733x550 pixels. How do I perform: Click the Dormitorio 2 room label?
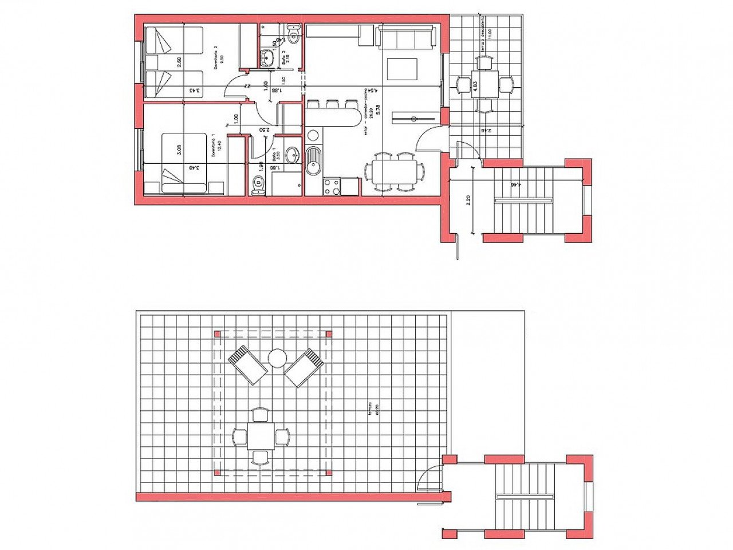pos(216,59)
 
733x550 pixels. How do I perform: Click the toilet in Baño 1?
pos(258,184)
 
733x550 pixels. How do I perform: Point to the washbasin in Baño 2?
pos(267,57)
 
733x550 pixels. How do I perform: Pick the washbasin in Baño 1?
pos(292,154)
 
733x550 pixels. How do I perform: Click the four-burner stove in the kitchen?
pos(332,187)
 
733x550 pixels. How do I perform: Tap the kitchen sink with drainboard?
pos(314,161)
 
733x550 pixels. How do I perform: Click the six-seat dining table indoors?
pos(395,171)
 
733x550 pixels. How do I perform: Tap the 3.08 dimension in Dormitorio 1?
pos(180,151)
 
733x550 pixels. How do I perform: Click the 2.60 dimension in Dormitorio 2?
pos(179,62)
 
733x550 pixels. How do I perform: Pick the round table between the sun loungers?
pos(277,359)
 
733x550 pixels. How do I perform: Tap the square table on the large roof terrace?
pos(261,437)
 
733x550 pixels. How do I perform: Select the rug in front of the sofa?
pos(403,69)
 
